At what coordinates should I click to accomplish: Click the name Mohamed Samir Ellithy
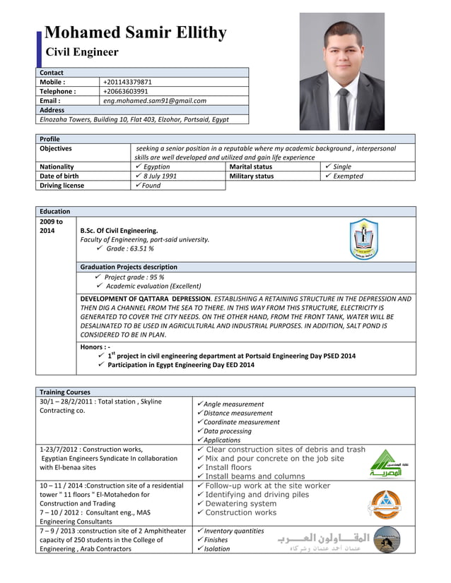coord(135,32)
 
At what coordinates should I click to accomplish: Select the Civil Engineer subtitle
coord(82,52)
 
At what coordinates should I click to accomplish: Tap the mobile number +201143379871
coord(127,82)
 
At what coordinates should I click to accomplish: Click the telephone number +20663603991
coord(126,91)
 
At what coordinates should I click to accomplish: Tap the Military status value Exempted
coord(348,176)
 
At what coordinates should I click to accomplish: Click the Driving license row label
coord(61,186)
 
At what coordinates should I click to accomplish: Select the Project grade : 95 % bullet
coord(134,277)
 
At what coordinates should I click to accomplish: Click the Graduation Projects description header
coord(129,267)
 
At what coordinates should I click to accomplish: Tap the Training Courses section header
coord(66,392)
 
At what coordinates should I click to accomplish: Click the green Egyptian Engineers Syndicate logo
coord(386,464)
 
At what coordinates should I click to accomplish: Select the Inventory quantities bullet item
coord(233,531)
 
